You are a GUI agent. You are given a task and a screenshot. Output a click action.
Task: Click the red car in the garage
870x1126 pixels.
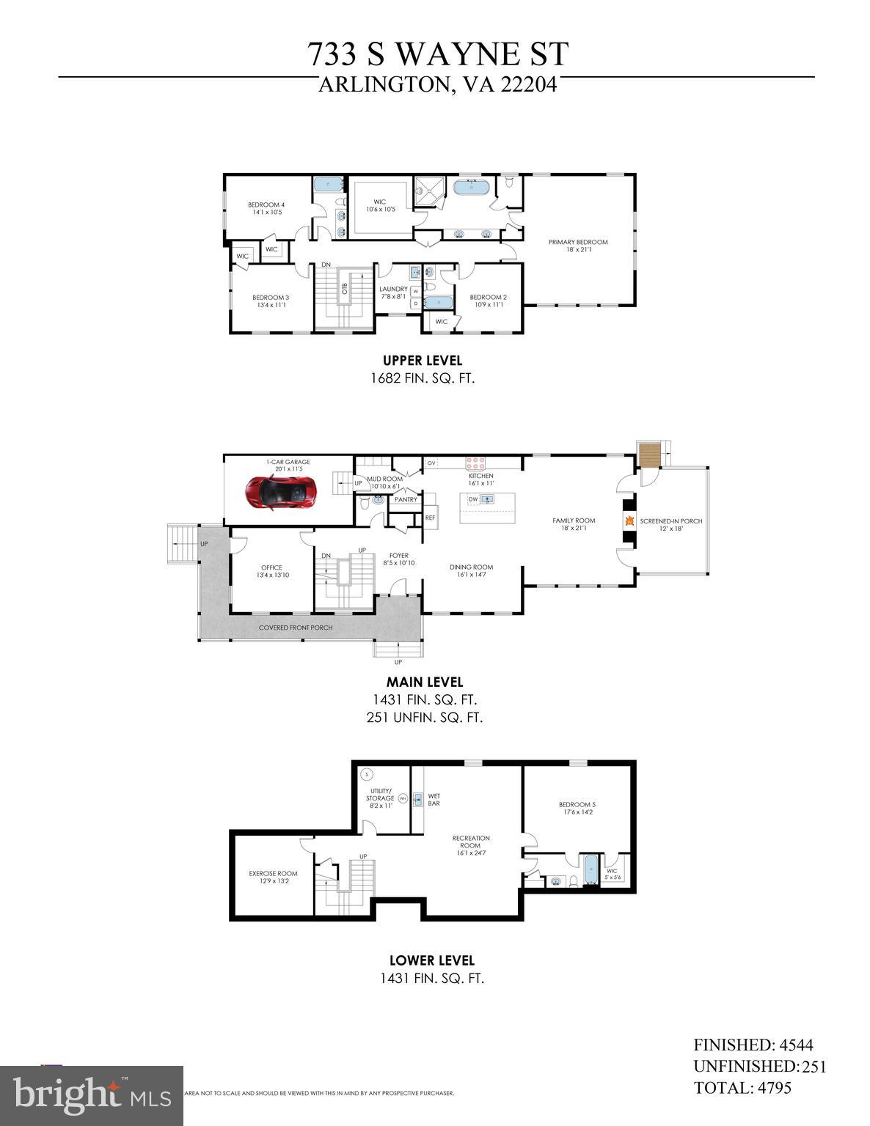[x=282, y=492]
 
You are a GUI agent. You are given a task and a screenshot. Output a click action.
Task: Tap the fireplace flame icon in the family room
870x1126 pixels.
[x=629, y=521]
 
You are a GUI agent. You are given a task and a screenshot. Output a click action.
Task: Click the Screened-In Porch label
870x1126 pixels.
[x=670, y=521]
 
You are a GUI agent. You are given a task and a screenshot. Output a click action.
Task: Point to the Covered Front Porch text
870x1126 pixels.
[x=296, y=628]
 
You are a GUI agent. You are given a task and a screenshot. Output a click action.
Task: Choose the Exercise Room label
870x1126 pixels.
[x=273, y=873]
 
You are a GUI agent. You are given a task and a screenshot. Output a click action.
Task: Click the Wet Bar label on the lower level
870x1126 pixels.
[x=434, y=799]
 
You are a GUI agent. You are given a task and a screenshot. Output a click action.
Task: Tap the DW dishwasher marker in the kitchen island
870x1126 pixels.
[x=473, y=499]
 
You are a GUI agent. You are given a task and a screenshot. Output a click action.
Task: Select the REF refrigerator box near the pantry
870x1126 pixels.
[x=430, y=518]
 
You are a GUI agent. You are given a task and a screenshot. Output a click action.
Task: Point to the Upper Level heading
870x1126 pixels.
[x=423, y=360]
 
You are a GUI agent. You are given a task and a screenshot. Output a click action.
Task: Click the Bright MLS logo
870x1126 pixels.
[x=92, y=1095]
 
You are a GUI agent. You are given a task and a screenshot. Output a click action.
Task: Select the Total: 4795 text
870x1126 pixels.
[x=742, y=1087]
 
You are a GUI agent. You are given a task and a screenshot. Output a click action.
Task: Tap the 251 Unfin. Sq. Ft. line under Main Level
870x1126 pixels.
[x=425, y=717]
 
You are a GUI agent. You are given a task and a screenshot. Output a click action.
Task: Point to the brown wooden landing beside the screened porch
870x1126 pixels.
[x=649, y=454]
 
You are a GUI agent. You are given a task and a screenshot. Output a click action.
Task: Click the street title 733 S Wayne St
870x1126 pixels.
[x=437, y=55]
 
